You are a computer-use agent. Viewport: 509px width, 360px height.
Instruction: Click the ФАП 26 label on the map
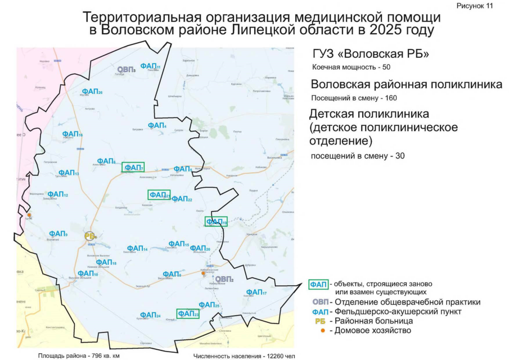(92, 91)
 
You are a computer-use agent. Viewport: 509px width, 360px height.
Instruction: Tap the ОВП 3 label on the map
(126, 69)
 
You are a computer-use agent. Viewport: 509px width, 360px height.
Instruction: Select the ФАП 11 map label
(150, 66)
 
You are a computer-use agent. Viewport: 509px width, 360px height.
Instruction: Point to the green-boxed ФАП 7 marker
(133, 167)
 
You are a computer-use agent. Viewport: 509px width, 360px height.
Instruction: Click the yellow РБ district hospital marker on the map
(90, 236)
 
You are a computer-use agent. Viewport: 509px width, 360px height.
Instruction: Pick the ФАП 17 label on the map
(256, 292)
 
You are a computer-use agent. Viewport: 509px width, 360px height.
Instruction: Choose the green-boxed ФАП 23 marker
(188, 314)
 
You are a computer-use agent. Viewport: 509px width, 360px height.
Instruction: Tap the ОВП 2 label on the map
(224, 279)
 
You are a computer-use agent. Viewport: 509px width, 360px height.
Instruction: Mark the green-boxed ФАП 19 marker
(216, 222)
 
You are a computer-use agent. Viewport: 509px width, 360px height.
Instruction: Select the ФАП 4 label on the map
(157, 125)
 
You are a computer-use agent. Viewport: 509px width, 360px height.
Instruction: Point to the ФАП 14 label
(137, 249)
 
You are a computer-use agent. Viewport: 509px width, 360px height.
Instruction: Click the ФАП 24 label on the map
(150, 315)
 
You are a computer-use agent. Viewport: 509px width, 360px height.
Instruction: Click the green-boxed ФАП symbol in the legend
(319, 283)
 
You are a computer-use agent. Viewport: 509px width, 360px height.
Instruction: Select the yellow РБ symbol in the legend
(320, 321)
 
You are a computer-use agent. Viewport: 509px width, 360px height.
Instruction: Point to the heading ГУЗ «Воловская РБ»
(371, 55)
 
